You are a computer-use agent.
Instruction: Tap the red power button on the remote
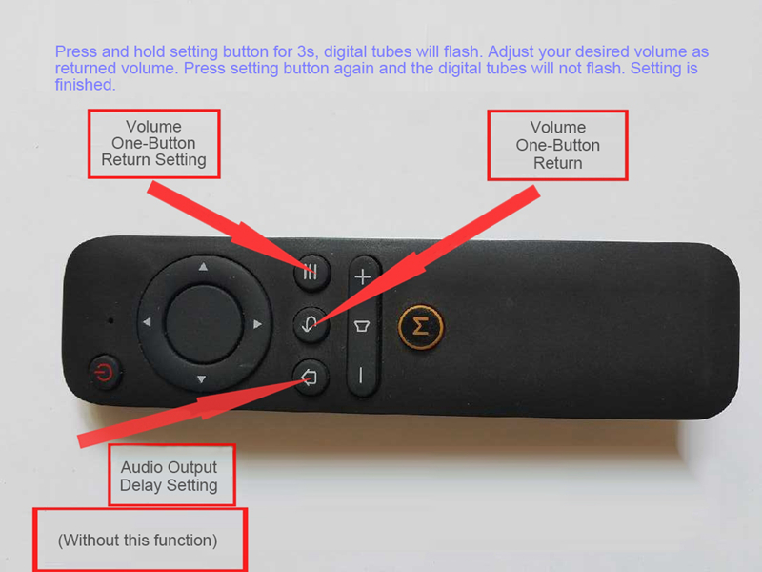point(104,373)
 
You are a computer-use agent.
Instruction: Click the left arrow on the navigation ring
point(147,322)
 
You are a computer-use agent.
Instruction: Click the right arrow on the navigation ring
point(257,324)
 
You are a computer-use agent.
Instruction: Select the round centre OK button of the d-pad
point(204,323)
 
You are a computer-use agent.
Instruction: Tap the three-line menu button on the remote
point(312,273)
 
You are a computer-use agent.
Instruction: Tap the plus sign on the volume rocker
point(363,277)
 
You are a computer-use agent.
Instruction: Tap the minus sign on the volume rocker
point(361,376)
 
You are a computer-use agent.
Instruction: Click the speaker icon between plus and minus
point(362,326)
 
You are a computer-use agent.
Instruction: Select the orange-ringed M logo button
point(421,327)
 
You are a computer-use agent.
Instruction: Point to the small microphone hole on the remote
point(111,320)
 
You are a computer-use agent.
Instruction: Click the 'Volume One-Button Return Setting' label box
point(154,144)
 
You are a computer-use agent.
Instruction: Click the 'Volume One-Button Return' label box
point(558,146)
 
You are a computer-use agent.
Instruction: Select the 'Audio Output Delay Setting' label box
point(171,475)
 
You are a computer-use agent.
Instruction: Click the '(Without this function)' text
point(137,541)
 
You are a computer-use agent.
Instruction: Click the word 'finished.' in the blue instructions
point(85,85)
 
